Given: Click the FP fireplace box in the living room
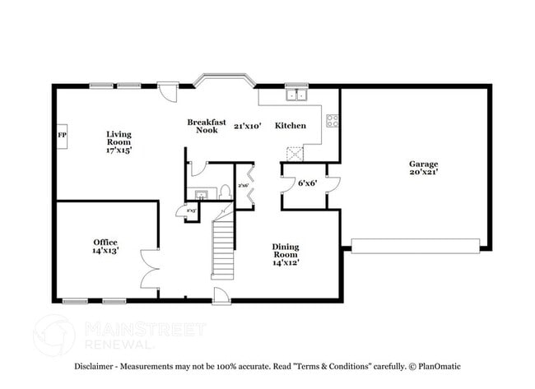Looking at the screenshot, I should click(x=62, y=135).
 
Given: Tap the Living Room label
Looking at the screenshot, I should click(x=119, y=141).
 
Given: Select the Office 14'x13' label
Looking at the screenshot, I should click(x=105, y=246).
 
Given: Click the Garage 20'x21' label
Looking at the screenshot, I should click(x=423, y=168).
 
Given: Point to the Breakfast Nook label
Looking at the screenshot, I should click(x=207, y=126).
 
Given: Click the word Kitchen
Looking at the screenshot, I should click(x=290, y=126).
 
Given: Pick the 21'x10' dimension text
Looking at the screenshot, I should click(x=247, y=126).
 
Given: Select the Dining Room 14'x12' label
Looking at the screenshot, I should click(x=286, y=254).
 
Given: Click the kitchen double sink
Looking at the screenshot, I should click(x=295, y=95).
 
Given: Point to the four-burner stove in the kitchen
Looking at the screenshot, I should click(x=333, y=121).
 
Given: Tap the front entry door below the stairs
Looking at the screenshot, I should click(x=221, y=295).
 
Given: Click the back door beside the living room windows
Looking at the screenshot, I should click(x=168, y=90).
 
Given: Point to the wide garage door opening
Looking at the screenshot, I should click(x=416, y=245).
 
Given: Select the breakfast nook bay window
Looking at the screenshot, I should click(x=223, y=80).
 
